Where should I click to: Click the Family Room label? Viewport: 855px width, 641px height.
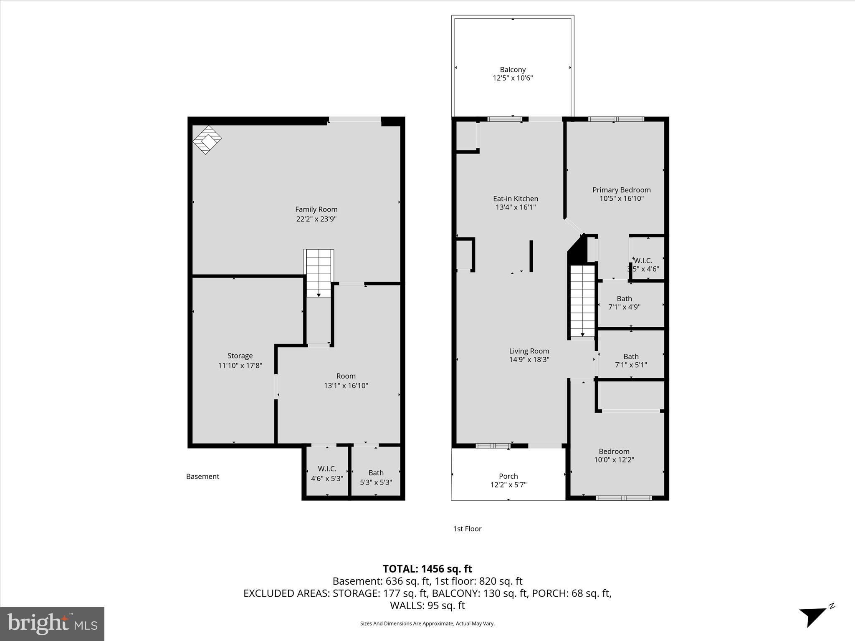pos(316,209)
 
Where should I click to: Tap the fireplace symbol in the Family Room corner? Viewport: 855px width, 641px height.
pos(207,140)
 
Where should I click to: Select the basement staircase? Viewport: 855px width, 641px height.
pos(319,273)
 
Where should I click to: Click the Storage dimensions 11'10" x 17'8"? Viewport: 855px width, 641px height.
pos(240,366)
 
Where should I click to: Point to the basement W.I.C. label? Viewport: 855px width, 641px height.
pos(327,469)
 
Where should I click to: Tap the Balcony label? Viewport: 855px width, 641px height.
pos(513,70)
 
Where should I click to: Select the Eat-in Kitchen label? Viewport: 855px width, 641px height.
pos(516,199)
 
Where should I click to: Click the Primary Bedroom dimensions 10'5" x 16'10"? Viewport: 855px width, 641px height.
pos(622,199)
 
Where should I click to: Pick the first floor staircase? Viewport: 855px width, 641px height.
pos(582,300)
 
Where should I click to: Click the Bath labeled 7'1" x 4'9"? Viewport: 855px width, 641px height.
pos(624,303)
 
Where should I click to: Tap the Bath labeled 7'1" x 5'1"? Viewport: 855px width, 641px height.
pos(631,361)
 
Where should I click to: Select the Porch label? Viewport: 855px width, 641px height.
pos(508,476)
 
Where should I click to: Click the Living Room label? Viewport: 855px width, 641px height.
pos(529,351)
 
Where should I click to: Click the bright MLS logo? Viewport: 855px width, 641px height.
pos(52,623)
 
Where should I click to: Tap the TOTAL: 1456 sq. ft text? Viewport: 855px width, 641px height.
pos(427,569)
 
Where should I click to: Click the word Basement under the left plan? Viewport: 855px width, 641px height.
pos(202,477)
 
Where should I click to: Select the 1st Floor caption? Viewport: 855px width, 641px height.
pos(467,529)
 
